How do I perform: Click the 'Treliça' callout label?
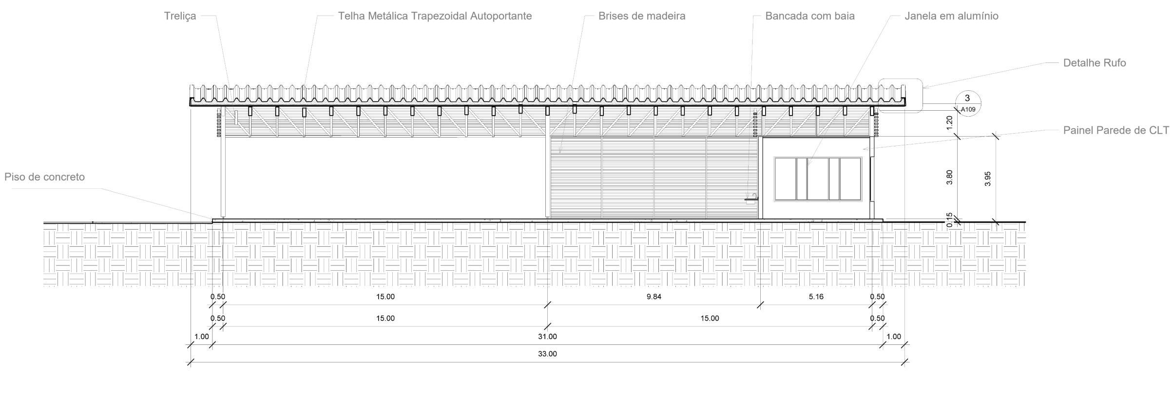point(180,16)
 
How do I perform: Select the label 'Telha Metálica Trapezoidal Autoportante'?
point(435,16)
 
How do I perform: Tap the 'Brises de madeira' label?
point(641,16)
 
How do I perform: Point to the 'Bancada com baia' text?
point(809,16)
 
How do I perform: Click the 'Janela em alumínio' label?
point(951,16)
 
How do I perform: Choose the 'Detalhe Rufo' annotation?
point(1094,63)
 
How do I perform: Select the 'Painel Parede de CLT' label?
point(1116,130)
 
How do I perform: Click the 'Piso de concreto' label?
point(44,177)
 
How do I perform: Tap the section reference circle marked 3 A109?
point(967,103)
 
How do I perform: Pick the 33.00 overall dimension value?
point(547,354)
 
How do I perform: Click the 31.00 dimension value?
point(547,337)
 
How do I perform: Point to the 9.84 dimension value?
point(654,297)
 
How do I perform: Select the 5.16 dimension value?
point(816,297)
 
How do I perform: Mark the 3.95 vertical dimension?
point(987,179)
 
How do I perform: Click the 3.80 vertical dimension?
point(949,177)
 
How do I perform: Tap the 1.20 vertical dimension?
point(949,122)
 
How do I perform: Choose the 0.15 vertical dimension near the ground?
point(949,220)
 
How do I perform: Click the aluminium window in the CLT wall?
point(818,179)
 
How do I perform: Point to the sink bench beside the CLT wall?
point(751,199)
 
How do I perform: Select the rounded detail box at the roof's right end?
point(901,96)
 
